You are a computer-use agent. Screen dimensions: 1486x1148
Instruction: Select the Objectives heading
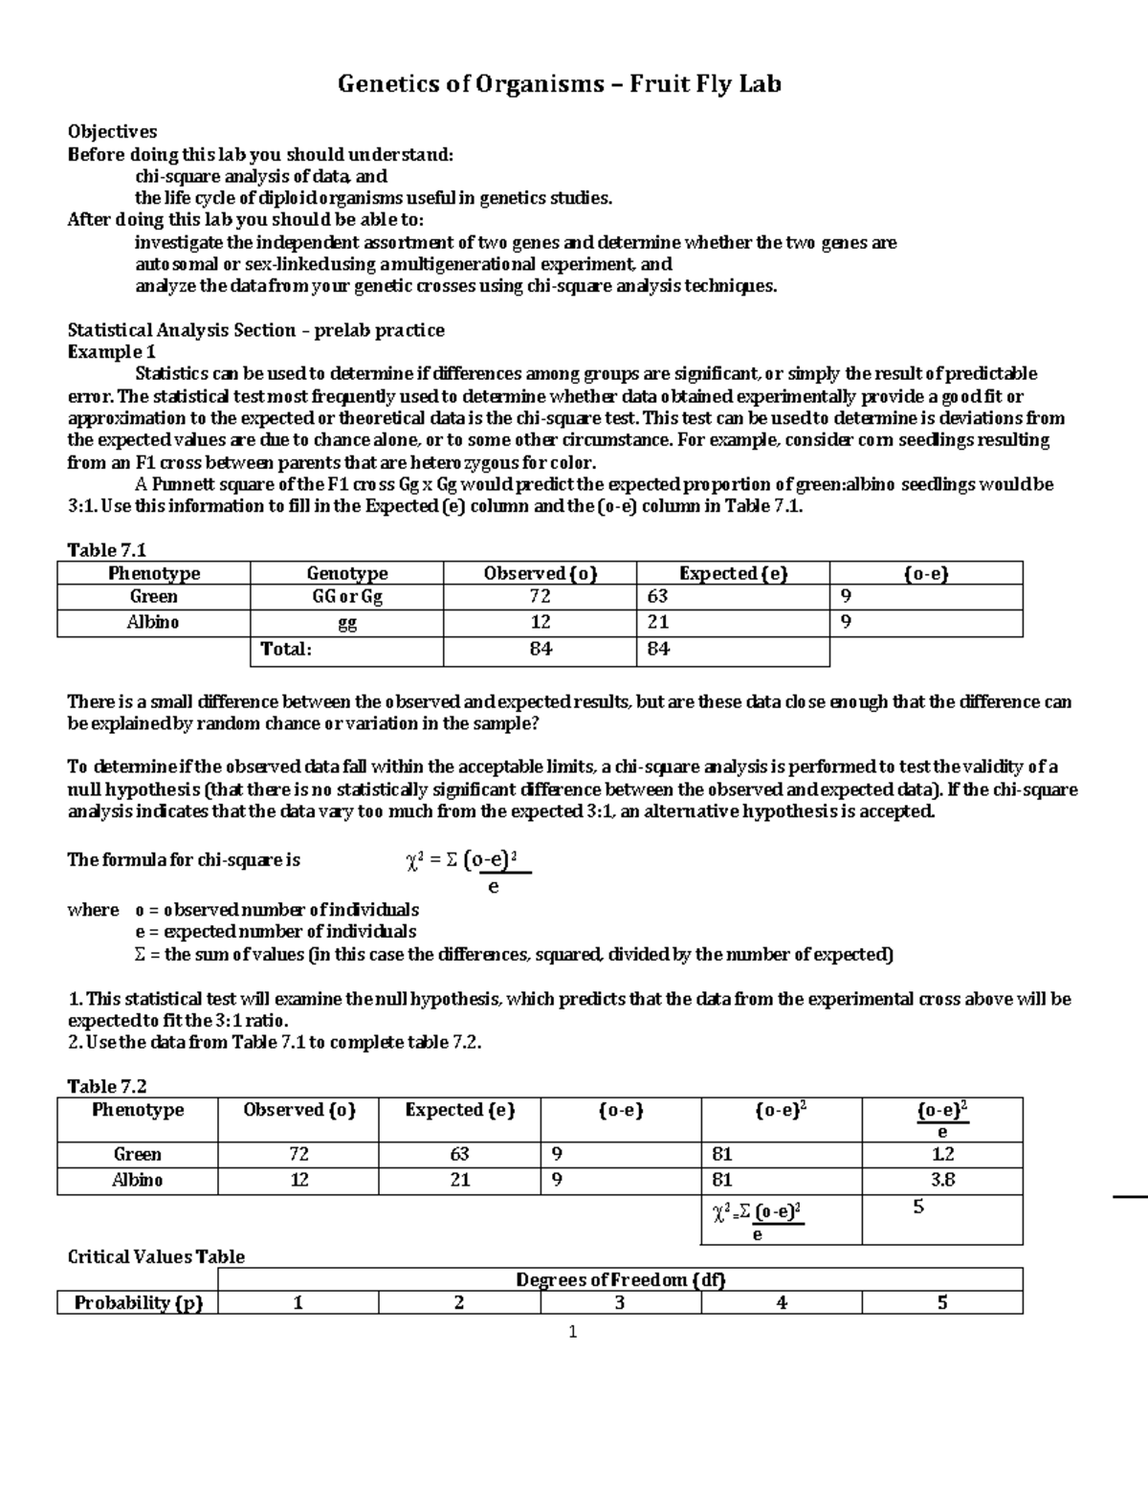(112, 132)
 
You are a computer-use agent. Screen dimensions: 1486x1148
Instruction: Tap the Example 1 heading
(111, 352)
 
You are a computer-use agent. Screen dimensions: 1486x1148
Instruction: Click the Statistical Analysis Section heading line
(255, 330)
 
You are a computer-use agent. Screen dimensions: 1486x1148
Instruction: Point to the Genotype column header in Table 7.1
(346, 573)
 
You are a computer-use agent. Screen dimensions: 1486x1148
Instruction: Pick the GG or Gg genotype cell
(346, 597)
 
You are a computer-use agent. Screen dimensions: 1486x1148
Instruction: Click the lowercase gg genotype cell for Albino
(346, 623)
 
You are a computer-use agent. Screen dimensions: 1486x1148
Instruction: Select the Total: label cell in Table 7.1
(287, 650)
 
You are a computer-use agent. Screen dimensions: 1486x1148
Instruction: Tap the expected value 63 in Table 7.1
(657, 597)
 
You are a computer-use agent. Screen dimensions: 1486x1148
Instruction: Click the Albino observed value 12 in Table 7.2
(298, 1181)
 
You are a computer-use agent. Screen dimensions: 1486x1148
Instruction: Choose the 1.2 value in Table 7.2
(942, 1155)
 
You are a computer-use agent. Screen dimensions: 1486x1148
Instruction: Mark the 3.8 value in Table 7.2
(942, 1181)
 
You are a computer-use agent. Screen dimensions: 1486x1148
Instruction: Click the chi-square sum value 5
(918, 1208)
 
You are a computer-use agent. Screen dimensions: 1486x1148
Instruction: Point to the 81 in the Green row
(720, 1155)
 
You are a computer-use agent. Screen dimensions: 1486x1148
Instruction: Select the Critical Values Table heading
(156, 1257)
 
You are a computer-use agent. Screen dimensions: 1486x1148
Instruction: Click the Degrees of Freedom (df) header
(620, 1280)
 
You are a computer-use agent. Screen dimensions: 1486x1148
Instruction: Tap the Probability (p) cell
(138, 1303)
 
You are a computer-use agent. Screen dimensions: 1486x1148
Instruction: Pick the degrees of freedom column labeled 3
(620, 1303)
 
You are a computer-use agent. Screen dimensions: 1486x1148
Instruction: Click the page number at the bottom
(572, 1332)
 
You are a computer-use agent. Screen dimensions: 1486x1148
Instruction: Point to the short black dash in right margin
(1130, 1196)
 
